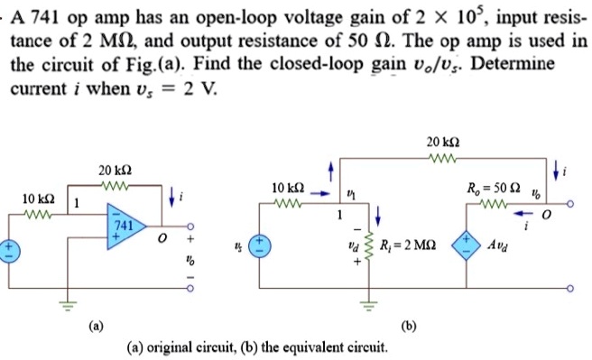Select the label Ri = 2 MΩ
click(x=411, y=245)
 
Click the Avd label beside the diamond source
click(x=499, y=245)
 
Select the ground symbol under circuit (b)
click(x=368, y=301)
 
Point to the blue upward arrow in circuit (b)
click(x=331, y=171)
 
